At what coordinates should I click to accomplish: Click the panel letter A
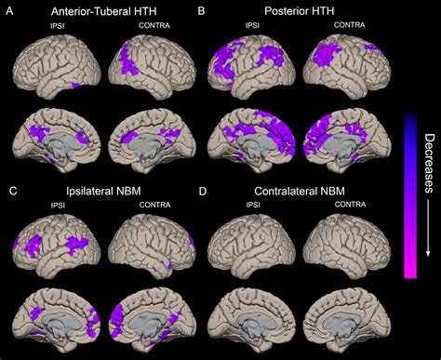[x=10, y=11]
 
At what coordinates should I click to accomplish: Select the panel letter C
[x=10, y=191]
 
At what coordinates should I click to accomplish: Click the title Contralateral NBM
[x=300, y=191]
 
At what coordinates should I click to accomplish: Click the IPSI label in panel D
[x=251, y=205]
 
